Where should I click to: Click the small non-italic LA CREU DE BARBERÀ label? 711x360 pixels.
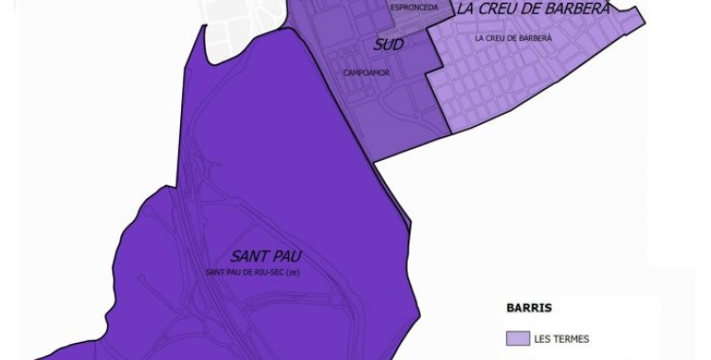pyautogui.click(x=513, y=38)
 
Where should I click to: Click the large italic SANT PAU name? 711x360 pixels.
pyautogui.click(x=258, y=257)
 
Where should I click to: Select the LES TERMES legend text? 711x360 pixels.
pyautogui.click(x=560, y=338)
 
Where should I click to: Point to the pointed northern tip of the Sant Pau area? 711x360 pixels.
pyautogui.click(x=205, y=29)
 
